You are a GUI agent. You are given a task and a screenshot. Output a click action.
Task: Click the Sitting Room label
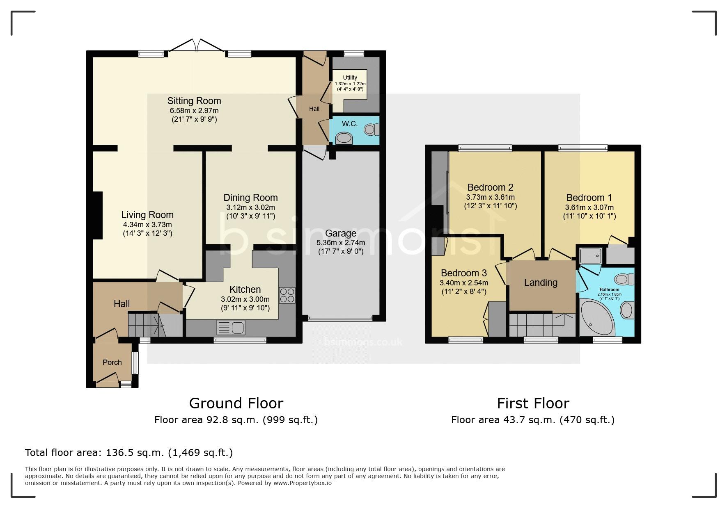tap(194, 101)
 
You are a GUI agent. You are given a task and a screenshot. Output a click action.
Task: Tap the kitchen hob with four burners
tap(287, 295)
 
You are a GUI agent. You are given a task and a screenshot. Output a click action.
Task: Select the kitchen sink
tap(231, 328)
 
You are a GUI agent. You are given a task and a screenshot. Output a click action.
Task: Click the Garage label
tap(341, 233)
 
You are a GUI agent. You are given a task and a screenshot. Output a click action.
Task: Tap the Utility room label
tap(350, 77)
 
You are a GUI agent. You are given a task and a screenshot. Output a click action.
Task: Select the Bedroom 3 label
tap(464, 273)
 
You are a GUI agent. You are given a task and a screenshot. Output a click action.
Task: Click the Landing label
tap(541, 282)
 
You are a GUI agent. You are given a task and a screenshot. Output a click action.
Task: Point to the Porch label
tap(112, 362)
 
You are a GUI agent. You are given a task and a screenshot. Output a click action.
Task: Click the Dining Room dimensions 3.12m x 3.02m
tap(250, 207)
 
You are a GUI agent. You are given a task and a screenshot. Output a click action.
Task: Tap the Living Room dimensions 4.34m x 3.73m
tap(147, 225)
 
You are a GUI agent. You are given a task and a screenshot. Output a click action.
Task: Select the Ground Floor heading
tap(236, 403)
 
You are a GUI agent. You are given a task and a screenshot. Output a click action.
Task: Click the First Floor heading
tap(533, 403)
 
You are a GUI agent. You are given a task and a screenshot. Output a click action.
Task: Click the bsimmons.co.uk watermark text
tap(363, 342)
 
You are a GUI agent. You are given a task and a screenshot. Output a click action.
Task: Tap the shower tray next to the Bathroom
tap(591, 256)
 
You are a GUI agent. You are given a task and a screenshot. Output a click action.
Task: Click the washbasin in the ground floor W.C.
tap(344, 139)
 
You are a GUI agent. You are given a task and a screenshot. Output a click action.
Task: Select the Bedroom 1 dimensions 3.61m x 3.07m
tap(589, 207)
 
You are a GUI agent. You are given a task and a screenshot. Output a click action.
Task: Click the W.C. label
tap(350, 124)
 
